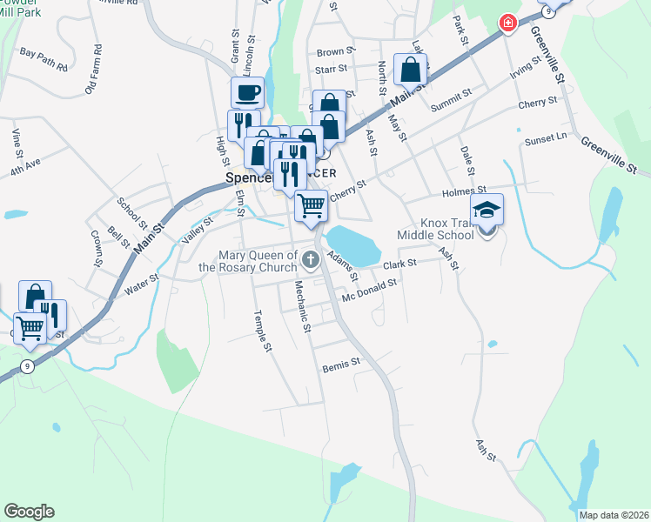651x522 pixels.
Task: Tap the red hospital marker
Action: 506,23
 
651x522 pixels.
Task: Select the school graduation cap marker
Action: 487,209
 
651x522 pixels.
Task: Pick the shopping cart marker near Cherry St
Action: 311,206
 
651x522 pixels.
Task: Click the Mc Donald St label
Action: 369,287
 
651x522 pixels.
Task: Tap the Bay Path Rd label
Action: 44,53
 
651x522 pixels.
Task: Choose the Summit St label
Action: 451,99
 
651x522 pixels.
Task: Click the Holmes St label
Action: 464,191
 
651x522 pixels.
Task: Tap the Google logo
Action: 29,512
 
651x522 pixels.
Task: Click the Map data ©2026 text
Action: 613,515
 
